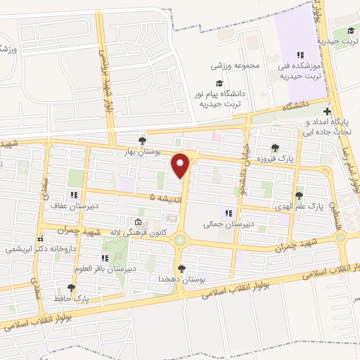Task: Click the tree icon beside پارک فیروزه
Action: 274,148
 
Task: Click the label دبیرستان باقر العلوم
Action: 107,268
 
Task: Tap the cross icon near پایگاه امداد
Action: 326,111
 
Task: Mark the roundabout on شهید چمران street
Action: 181,240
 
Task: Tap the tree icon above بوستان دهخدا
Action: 182,268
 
